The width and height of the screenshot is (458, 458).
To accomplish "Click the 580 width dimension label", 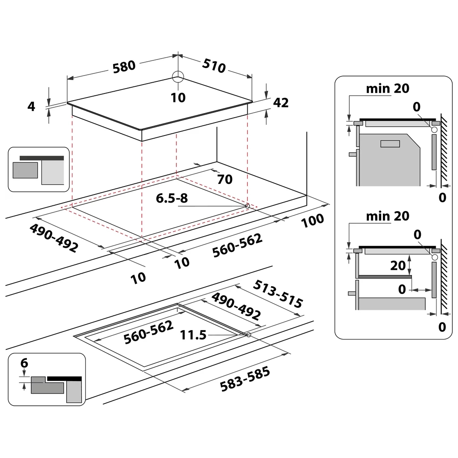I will [124, 66].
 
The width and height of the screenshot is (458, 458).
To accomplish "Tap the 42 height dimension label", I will [280, 102].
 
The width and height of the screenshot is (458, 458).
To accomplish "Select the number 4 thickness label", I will [31, 106].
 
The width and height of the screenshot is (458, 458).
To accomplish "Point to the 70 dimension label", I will [225, 179].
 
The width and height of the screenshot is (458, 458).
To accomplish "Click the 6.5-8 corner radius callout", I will [171, 199].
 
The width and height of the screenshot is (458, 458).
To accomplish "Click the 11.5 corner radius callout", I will [193, 334].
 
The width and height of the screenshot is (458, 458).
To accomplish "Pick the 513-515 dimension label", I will [278, 294].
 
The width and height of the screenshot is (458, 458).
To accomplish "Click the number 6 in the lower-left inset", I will [24, 363].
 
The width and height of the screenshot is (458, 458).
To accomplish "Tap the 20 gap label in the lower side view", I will [398, 265].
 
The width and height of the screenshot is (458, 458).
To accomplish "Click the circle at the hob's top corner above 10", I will [178, 76].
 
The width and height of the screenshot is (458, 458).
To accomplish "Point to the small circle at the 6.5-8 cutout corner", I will [247, 206].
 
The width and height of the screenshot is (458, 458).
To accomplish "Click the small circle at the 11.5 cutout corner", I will [248, 334].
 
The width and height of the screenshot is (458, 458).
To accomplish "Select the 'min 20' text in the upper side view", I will [387, 89].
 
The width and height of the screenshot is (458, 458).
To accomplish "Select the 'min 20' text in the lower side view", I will [387, 216].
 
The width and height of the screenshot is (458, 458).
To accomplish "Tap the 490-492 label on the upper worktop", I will [54, 237].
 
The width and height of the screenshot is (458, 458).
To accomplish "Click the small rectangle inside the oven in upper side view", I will [390, 144].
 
